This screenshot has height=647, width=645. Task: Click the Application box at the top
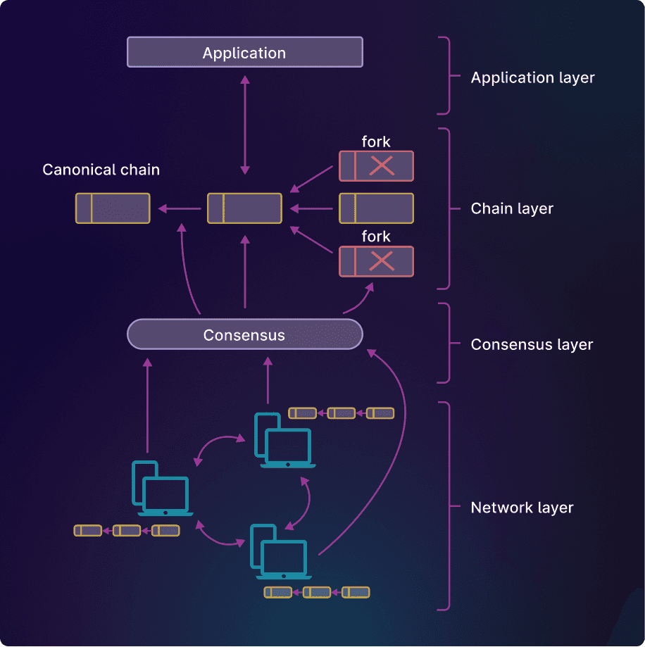(x=244, y=53)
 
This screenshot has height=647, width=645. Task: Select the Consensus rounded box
(x=244, y=334)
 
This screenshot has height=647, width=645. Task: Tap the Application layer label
(x=532, y=77)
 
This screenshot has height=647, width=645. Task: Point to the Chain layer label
(x=512, y=208)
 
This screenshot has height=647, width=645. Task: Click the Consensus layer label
(x=532, y=344)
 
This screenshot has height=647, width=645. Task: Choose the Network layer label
(x=522, y=508)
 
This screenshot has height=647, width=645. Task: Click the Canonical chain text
(x=101, y=170)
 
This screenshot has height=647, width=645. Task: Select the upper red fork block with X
(x=376, y=166)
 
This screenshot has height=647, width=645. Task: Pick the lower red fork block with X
(x=376, y=261)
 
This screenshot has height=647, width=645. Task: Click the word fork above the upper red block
(x=376, y=142)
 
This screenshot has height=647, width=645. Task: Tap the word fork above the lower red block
(x=376, y=237)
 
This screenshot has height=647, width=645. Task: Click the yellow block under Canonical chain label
(x=113, y=208)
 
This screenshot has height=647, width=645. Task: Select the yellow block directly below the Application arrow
(x=244, y=208)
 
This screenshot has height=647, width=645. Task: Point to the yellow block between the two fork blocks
(x=376, y=208)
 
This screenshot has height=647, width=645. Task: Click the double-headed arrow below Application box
(x=245, y=125)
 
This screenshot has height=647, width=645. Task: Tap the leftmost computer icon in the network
(x=162, y=489)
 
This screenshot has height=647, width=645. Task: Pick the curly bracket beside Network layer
(x=444, y=505)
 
